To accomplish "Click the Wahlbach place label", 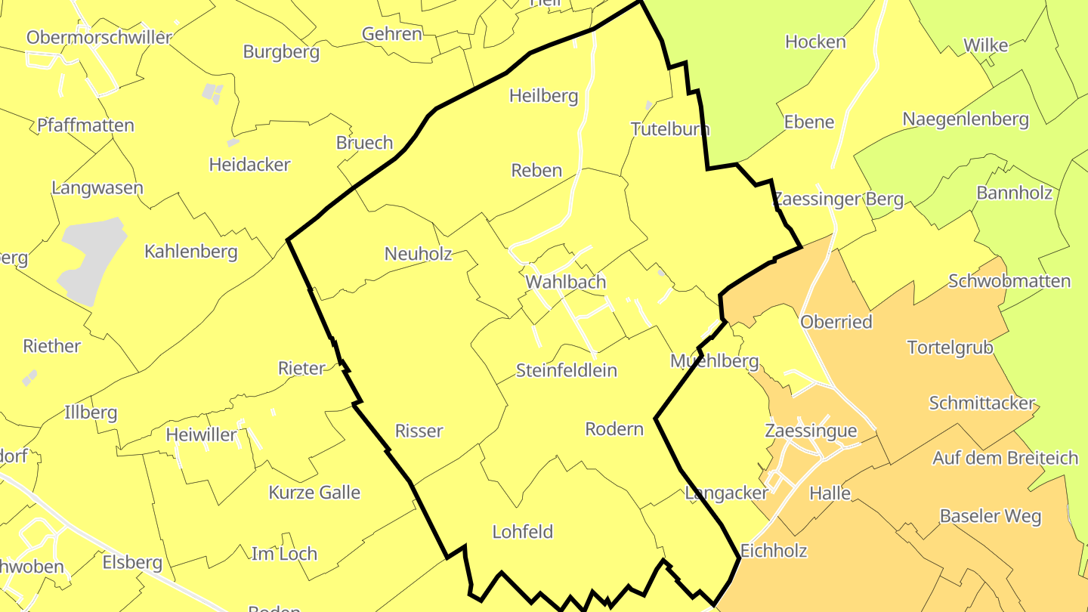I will point(566,282).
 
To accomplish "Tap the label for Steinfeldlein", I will point(566,370).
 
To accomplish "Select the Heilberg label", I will point(543,96).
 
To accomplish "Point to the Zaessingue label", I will point(811,431).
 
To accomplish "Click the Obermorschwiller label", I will point(99,37).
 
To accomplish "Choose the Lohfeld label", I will point(522,531).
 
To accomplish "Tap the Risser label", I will point(419,431).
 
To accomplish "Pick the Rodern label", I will point(614,429).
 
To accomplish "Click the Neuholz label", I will point(418,254).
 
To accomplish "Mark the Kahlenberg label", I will point(191,252).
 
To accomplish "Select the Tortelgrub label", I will point(950,347).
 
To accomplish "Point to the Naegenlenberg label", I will point(966,119).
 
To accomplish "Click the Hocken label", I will point(815,42).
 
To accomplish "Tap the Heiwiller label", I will point(201,435).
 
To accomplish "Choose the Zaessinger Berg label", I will point(838,199).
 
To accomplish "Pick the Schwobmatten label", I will point(1009,281).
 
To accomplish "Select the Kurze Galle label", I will point(314,493).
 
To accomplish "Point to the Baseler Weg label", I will point(991,516).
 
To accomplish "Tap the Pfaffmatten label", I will point(86,125).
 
